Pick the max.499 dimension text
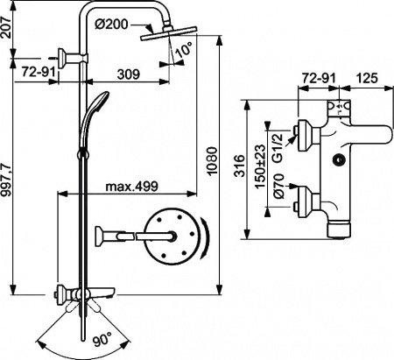click(x=131, y=186)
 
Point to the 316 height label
click(x=252, y=172)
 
